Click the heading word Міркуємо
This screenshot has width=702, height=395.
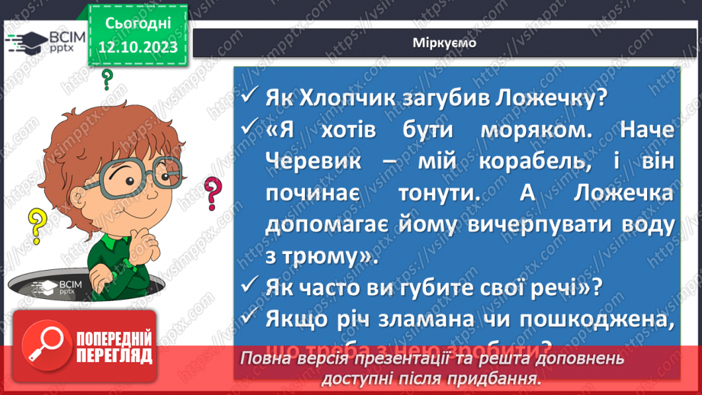[445, 43]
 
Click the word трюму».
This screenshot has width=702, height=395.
[335, 256]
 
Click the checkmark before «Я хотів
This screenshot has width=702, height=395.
[249, 130]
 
